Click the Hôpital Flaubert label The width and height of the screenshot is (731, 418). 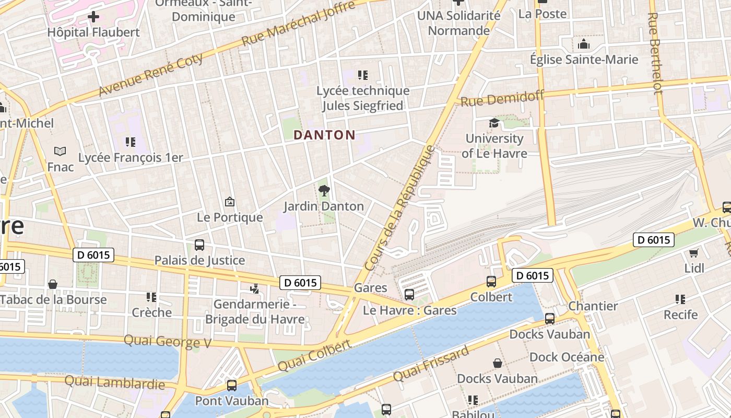(93, 32)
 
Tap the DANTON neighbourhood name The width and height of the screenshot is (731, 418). (324, 135)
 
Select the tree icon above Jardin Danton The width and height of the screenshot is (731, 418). (324, 190)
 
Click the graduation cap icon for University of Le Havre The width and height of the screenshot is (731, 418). (493, 123)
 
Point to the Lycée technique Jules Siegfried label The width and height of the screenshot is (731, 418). (363, 98)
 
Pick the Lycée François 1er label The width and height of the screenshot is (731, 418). (131, 158)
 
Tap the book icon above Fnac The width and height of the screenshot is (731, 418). (60, 152)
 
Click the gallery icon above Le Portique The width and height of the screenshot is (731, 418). (229, 202)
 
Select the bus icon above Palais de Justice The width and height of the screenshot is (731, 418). (199, 245)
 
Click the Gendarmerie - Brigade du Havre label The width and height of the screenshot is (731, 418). (255, 311)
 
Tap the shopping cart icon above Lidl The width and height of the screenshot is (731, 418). (693, 253)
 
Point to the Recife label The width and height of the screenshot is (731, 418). (680, 315)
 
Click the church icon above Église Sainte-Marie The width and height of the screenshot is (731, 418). (584, 44)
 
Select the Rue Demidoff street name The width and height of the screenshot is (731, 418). (502, 98)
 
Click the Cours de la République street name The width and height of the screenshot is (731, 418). (400, 208)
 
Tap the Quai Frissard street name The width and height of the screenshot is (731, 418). (431, 364)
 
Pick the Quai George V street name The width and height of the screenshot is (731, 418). (167, 342)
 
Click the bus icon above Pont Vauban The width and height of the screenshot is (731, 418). (231, 386)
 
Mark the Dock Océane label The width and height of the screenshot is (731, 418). (567, 357)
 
